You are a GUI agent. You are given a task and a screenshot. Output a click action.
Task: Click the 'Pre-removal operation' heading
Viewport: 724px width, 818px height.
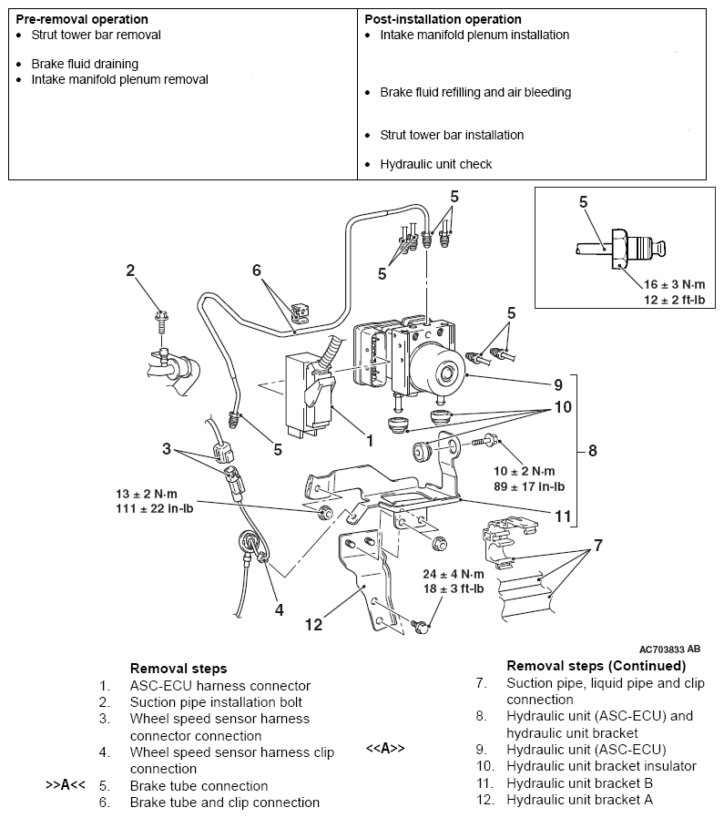(82, 19)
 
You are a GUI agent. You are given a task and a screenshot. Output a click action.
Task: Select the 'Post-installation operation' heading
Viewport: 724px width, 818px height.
(443, 19)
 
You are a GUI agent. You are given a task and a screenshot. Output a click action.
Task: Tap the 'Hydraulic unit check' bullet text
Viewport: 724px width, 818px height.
(435, 164)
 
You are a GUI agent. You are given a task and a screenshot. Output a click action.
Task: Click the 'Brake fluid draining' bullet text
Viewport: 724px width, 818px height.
(85, 64)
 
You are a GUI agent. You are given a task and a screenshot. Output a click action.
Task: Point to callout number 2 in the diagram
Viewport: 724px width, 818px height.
(130, 271)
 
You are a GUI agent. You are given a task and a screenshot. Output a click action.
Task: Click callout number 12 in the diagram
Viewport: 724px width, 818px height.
(313, 625)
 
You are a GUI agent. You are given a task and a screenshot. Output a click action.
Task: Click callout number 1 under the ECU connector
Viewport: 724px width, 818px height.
(370, 440)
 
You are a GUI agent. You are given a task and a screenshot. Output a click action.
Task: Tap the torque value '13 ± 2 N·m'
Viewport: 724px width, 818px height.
(153, 495)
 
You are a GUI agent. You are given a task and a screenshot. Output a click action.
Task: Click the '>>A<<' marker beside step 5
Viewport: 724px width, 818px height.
(66, 785)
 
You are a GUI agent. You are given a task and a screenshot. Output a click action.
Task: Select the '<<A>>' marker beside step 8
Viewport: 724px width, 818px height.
(385, 749)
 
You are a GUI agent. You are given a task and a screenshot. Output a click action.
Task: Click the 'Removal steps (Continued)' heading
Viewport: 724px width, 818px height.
(596, 665)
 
